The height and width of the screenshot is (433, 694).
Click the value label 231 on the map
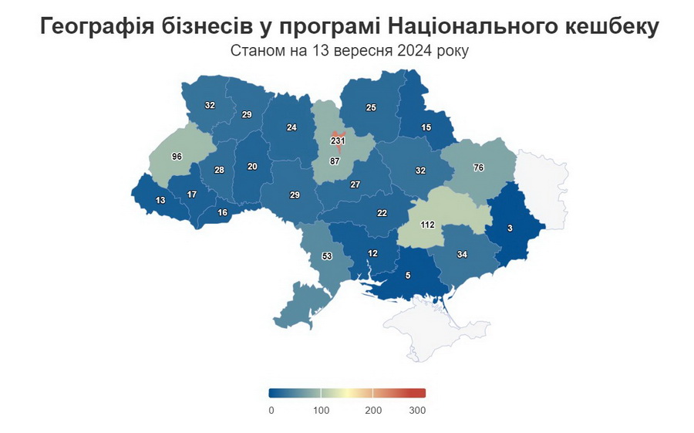pos(338,141)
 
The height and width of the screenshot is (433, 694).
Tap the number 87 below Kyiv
pos(335,161)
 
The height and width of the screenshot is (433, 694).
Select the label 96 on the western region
pos(177,157)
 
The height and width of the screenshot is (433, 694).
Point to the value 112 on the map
pos(427,225)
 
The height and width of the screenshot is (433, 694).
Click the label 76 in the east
pos(478,167)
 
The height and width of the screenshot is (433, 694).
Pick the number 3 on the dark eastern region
pos(510,228)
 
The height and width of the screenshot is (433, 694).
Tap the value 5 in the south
pos(408,276)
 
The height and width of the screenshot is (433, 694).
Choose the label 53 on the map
pos(326,256)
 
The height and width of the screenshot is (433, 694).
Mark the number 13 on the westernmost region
pos(160,201)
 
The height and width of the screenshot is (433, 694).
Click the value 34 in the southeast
pos(462,254)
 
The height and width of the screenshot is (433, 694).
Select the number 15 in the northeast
pos(426,127)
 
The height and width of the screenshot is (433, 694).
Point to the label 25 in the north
pos(371,107)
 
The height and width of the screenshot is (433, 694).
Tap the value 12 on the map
pos(372,253)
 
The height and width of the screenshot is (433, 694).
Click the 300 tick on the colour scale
pos(417,411)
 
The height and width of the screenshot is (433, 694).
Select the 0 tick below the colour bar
pos(271,411)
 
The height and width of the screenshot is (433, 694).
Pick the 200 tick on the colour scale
pos(373,411)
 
